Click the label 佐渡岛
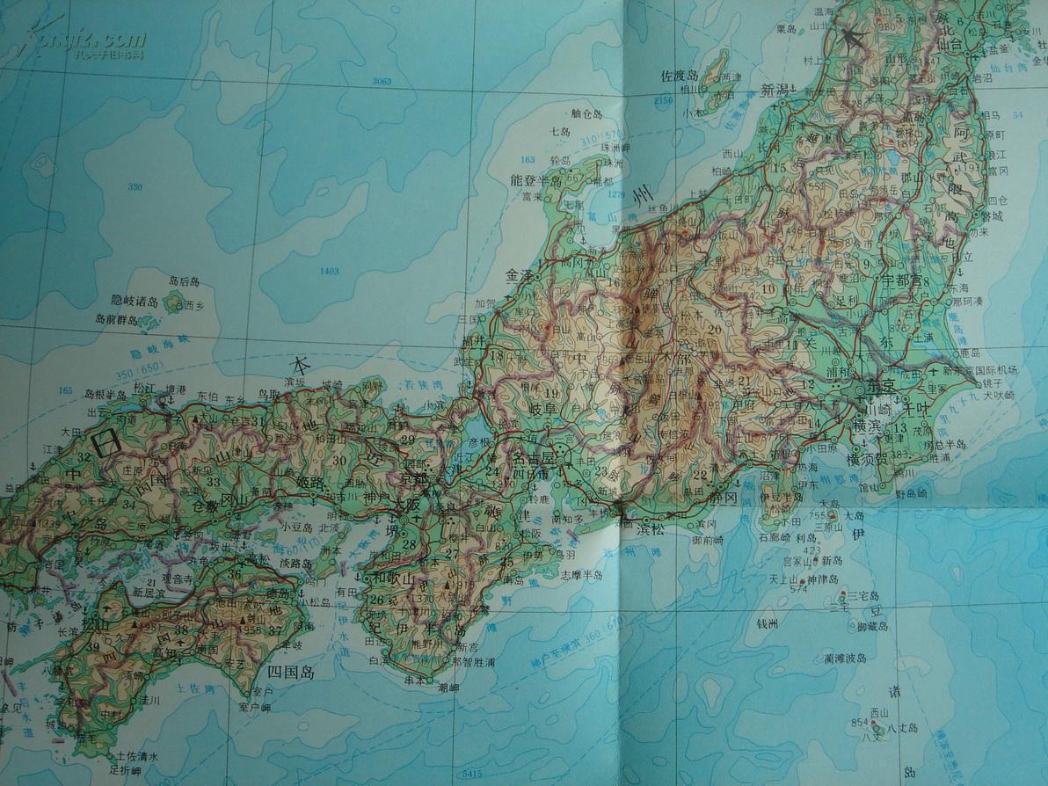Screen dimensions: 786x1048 pos(679,75)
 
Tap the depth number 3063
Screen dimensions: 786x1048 pos(381,81)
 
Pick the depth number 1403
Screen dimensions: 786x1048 pos(330,271)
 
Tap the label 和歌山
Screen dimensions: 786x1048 pos(389,578)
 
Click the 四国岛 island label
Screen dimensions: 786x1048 pos(289,673)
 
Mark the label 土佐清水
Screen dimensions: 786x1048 pos(134,756)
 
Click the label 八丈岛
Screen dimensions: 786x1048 pos(902,728)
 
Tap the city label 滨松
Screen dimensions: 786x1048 pos(651,529)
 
